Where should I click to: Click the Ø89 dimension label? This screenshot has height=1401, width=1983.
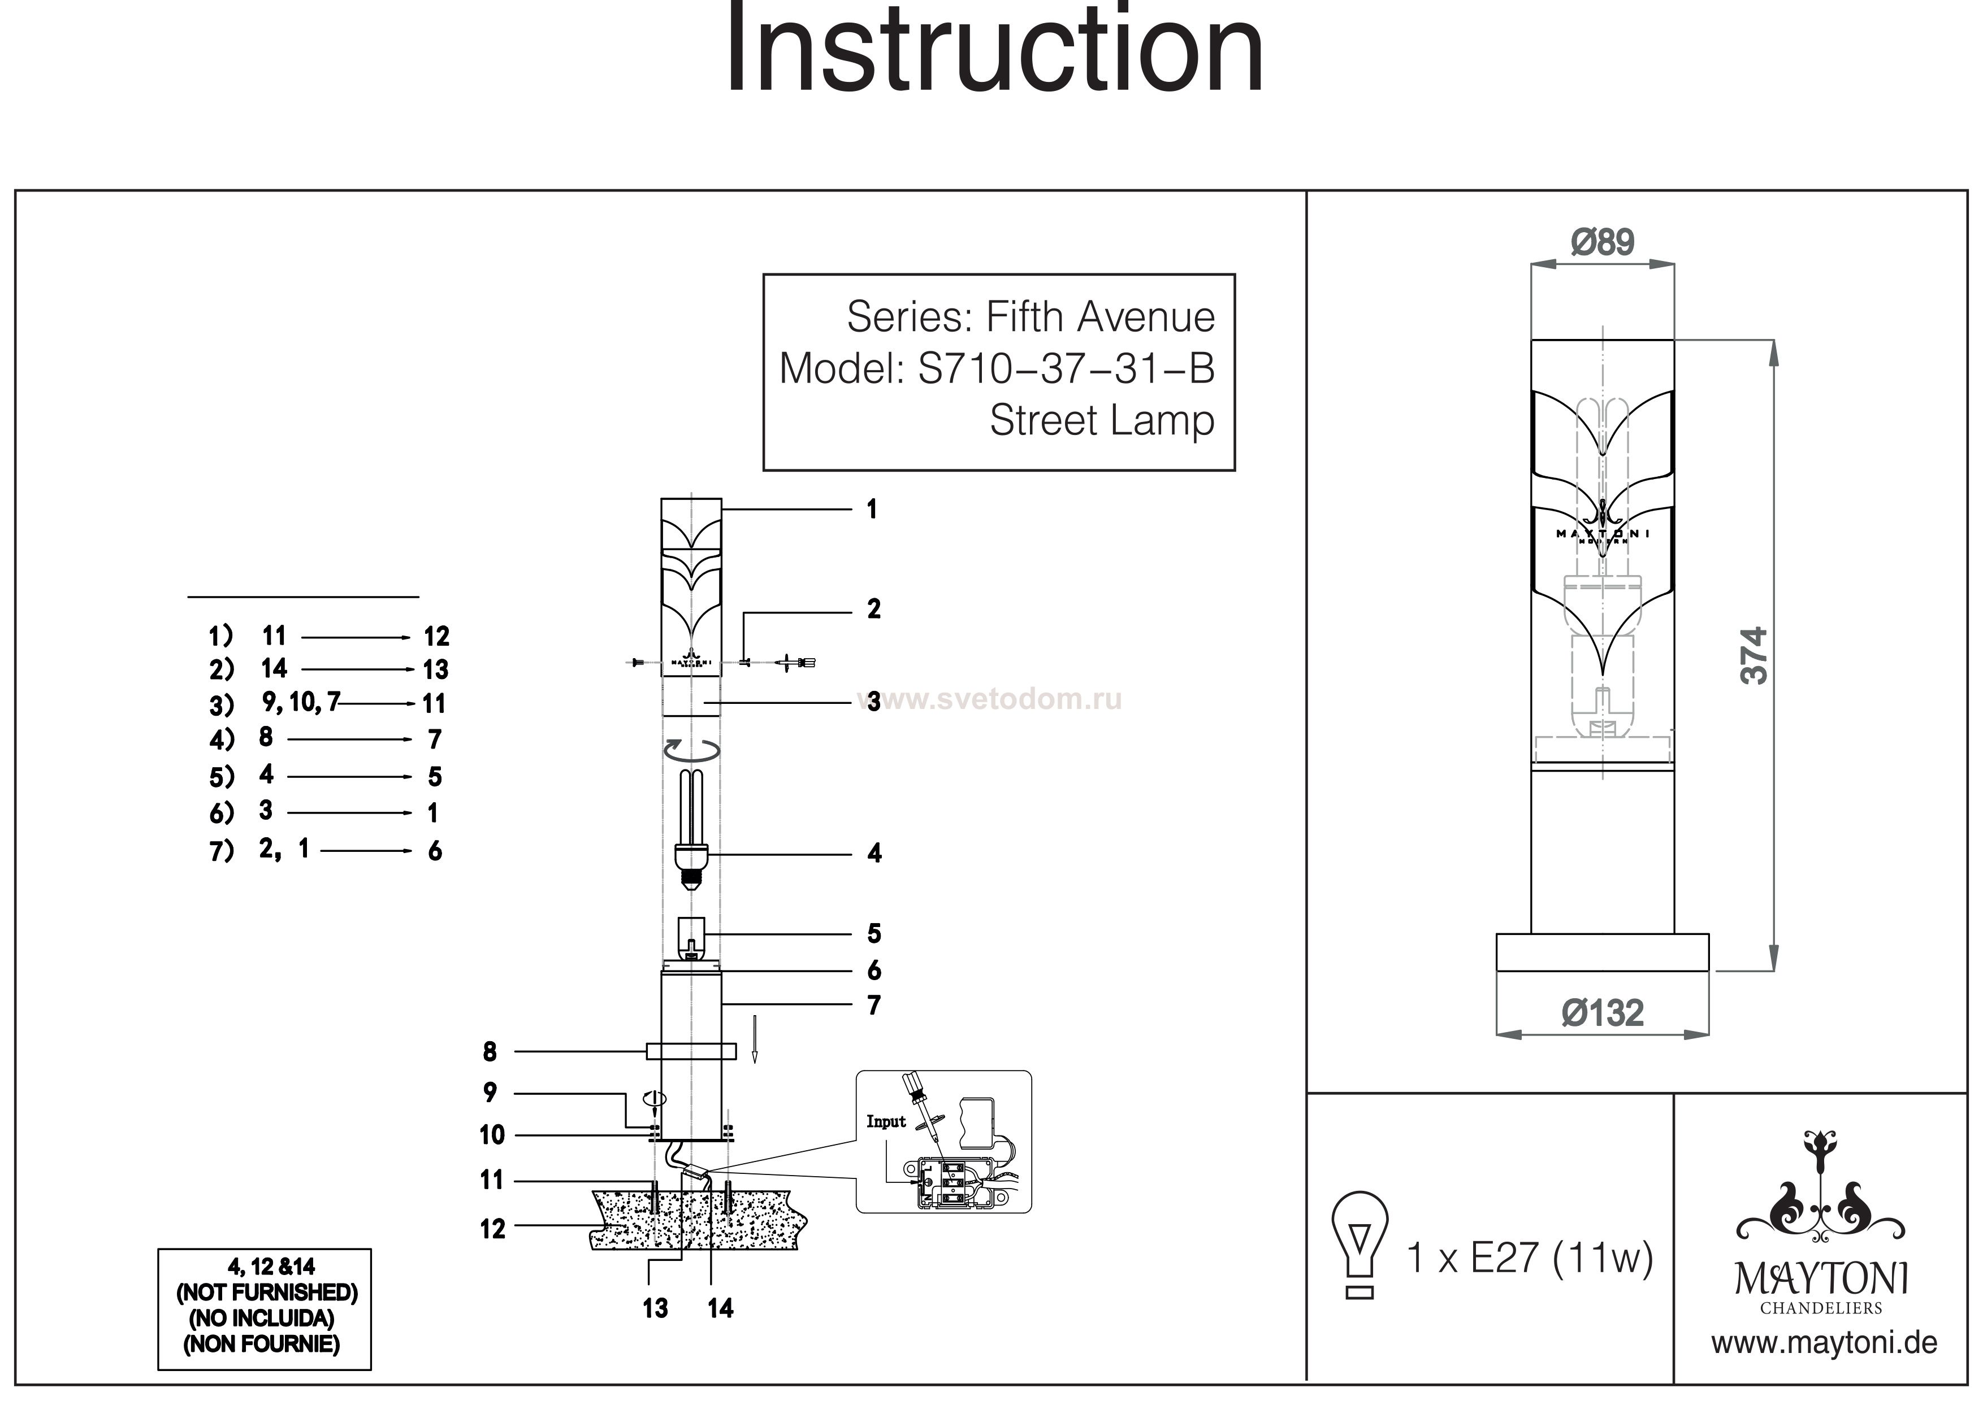(1602, 242)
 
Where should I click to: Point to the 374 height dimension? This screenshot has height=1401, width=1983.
(1753, 656)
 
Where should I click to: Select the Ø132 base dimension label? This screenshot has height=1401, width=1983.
(1602, 1012)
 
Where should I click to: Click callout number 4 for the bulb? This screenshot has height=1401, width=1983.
(874, 854)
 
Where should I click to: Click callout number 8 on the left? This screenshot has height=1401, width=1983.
(490, 1051)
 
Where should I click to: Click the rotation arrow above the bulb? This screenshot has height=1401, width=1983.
(691, 749)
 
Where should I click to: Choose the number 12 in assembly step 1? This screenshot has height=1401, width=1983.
(436, 637)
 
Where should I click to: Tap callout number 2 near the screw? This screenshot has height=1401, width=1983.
(874, 610)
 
